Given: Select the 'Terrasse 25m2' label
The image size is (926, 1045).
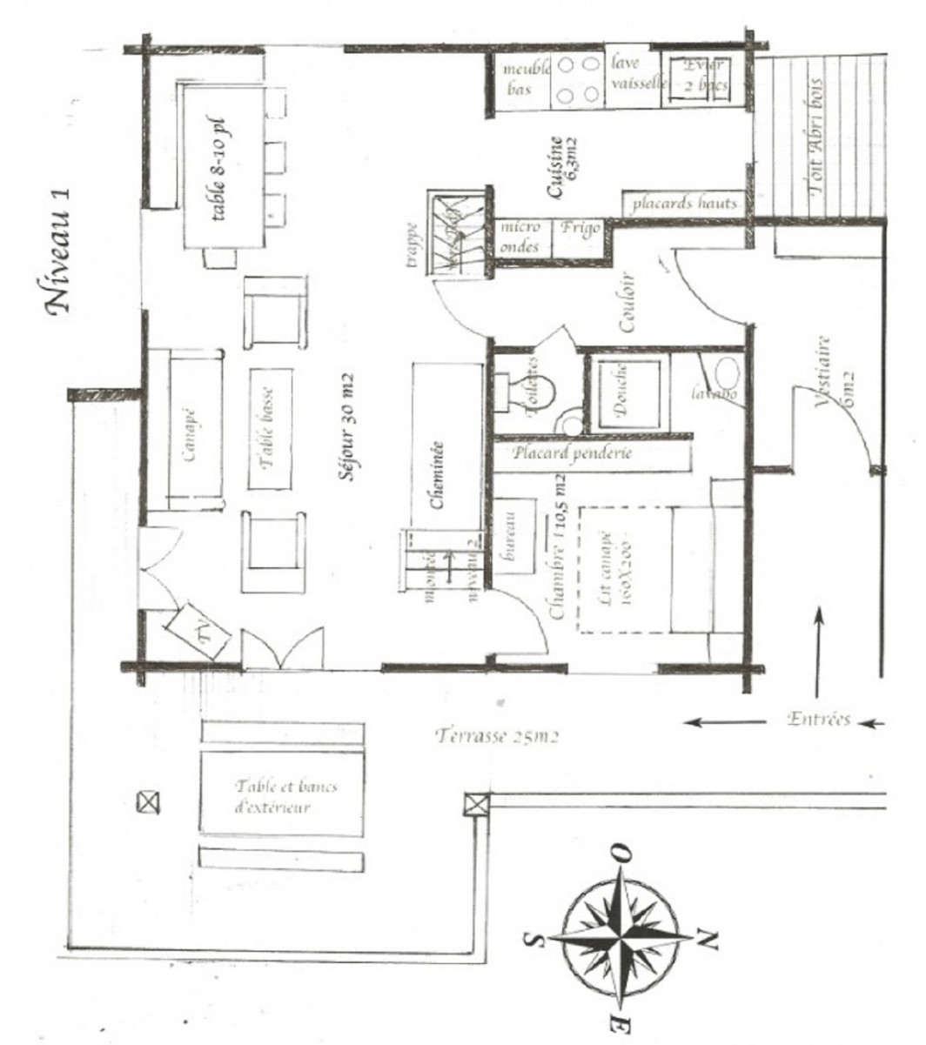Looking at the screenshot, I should point(495,736).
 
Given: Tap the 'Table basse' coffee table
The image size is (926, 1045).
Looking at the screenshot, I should point(268,427).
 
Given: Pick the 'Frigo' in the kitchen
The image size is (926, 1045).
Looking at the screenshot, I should point(580,228).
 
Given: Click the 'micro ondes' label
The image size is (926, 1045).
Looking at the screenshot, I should point(520,236).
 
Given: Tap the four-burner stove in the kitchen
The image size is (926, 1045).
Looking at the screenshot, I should point(577,79).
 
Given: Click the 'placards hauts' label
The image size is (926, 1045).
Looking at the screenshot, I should point(683,204).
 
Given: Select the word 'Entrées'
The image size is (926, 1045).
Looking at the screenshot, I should point(817,719).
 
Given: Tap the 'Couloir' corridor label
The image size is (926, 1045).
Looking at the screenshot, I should point(625,305).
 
